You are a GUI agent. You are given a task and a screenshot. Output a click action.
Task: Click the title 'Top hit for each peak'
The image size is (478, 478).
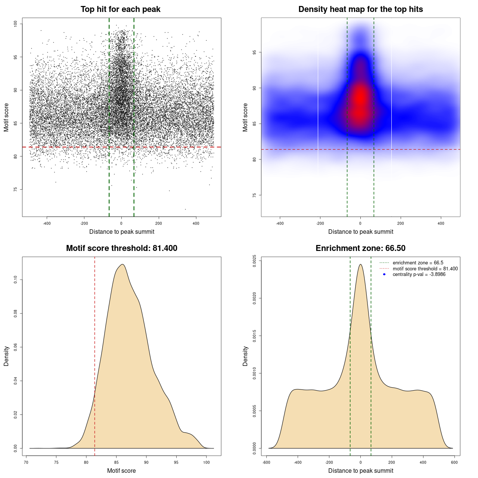(121, 9)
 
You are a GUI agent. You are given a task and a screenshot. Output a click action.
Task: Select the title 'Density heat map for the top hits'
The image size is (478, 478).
(360, 9)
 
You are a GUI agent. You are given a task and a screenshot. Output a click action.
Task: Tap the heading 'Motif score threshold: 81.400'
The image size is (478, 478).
(121, 248)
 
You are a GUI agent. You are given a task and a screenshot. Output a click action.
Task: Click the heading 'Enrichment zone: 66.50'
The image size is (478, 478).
(360, 248)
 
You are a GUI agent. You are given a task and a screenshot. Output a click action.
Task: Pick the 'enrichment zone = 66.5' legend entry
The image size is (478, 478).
(418, 263)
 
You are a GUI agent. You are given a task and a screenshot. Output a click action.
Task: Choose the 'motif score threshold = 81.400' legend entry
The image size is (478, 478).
(425, 269)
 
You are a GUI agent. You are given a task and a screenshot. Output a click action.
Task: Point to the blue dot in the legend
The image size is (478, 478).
(384, 274)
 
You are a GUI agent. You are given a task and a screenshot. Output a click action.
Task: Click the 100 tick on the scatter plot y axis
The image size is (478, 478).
(16, 24)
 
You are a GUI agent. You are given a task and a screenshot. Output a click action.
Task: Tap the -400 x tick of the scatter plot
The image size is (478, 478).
(47, 223)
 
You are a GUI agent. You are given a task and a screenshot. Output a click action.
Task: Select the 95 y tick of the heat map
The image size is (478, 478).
(255, 52)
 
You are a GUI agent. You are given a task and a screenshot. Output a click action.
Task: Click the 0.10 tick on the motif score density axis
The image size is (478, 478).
(16, 280)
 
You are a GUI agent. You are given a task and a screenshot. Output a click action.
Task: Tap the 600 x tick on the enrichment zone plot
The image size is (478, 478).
(454, 462)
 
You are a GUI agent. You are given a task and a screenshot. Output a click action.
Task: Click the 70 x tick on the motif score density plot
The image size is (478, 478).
(26, 462)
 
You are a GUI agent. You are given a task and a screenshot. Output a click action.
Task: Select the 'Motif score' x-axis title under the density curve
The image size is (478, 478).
(121, 471)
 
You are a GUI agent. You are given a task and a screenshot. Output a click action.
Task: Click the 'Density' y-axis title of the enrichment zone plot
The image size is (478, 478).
(245, 356)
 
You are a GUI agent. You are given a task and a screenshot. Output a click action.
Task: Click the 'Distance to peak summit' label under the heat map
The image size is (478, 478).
(360, 232)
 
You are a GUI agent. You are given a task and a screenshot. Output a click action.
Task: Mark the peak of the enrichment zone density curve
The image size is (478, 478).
(360, 264)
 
